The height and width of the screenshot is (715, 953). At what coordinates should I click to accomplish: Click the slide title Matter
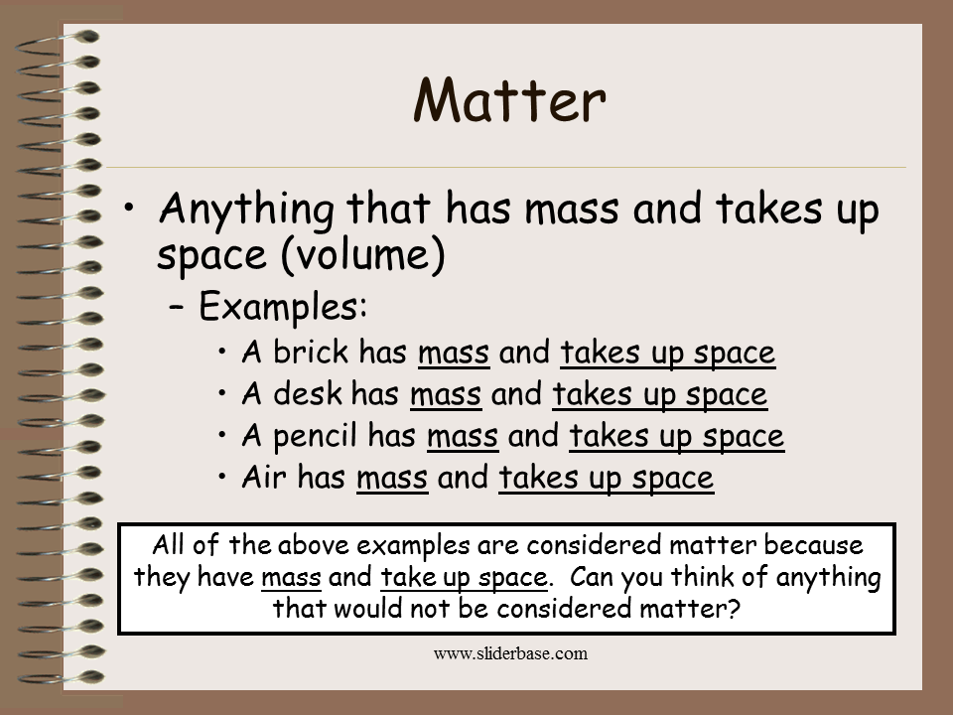[x=509, y=100]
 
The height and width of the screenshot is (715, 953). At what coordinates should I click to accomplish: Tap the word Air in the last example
[x=261, y=478]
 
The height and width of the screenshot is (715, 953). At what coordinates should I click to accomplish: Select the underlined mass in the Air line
[x=392, y=479]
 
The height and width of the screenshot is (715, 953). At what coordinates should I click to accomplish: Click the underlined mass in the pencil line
[x=463, y=437]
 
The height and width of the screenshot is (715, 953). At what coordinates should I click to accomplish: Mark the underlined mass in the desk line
[x=446, y=395]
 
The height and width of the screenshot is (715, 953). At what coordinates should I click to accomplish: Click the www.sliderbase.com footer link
[x=511, y=653]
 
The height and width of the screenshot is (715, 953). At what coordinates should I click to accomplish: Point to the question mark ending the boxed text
[x=734, y=608]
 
